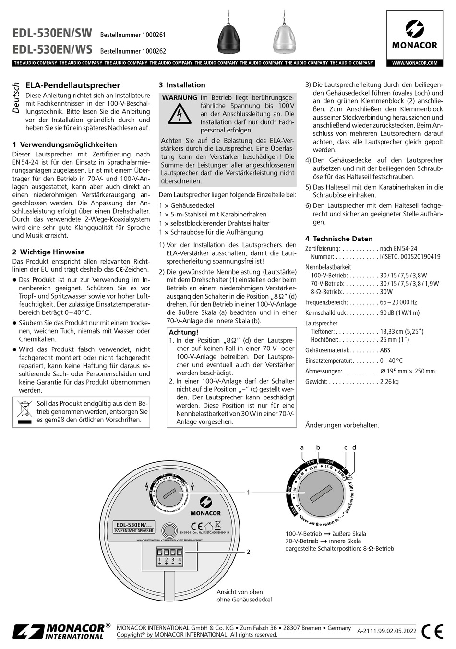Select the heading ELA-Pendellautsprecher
click(72, 85)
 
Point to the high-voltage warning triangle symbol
click(178, 115)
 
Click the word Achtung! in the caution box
click(184, 332)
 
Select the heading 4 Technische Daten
click(339, 239)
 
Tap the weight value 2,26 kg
click(389, 382)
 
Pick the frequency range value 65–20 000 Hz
click(398, 302)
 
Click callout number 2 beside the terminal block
click(248, 552)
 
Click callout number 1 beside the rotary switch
click(248, 492)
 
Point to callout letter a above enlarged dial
click(302, 447)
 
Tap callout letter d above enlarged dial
click(354, 447)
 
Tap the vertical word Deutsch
click(16, 98)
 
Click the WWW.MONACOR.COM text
click(415, 63)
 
